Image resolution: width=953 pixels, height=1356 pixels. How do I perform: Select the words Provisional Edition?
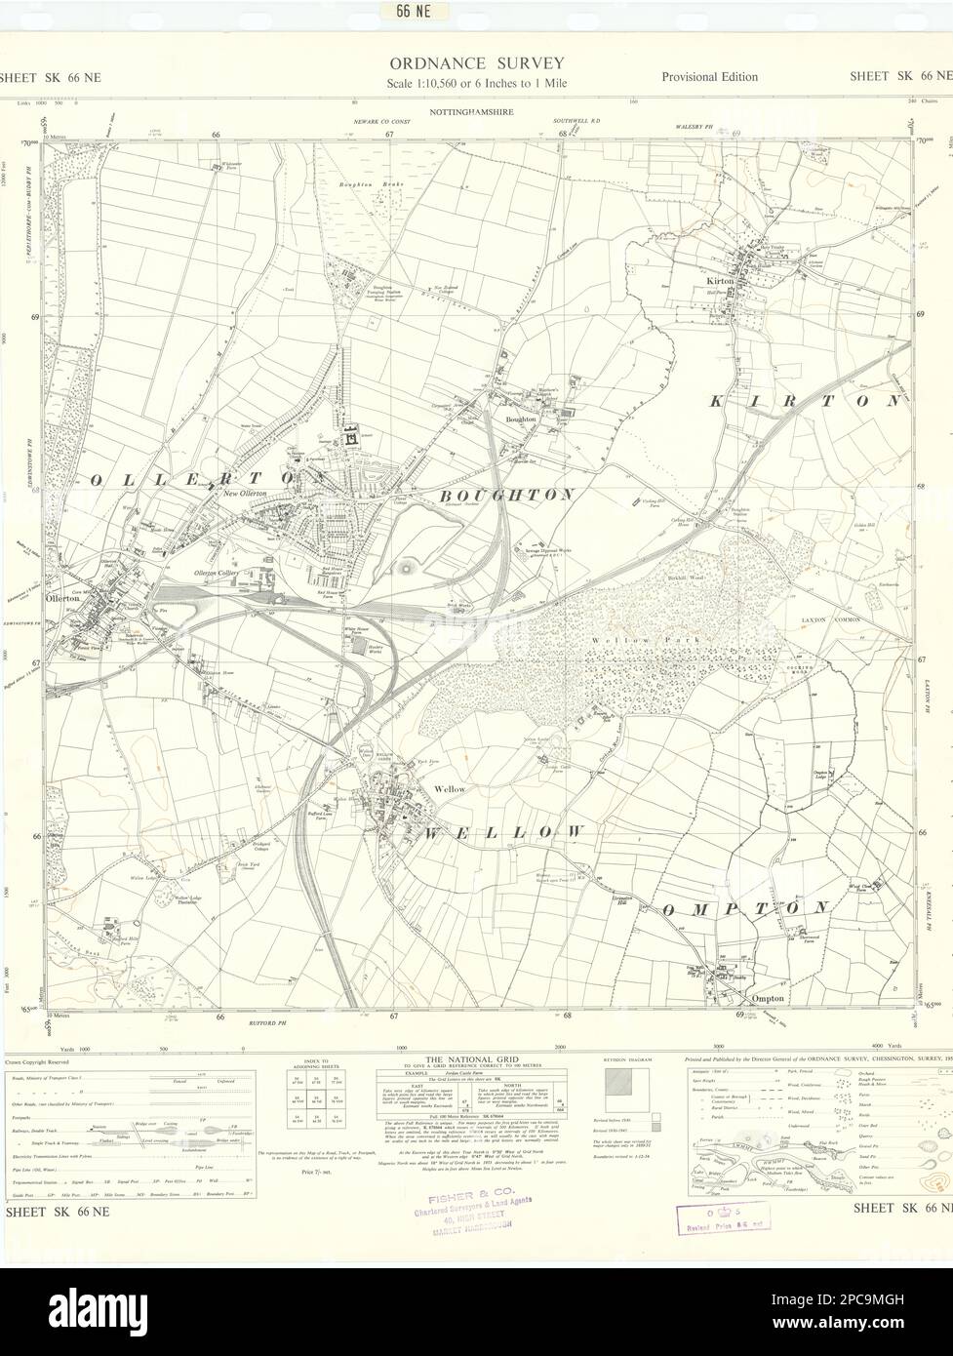point(709,77)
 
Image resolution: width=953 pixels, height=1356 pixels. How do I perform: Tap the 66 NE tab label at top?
point(395,12)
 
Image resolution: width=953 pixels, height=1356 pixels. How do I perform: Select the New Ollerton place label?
point(245,494)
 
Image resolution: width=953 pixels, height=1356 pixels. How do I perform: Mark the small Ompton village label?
point(768,998)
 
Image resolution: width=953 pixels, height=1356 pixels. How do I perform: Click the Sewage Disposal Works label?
point(553,549)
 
